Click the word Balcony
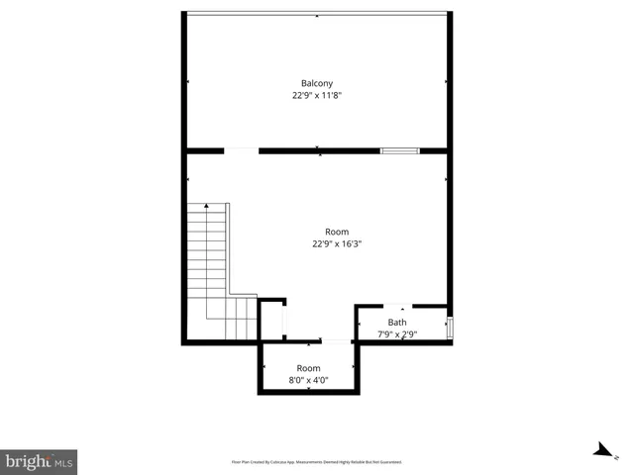(x=317, y=83)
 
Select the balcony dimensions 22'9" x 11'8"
(x=317, y=96)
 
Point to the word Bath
(x=396, y=323)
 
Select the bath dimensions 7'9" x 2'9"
(x=397, y=334)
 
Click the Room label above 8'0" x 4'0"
(x=308, y=368)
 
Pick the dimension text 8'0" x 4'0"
(x=308, y=380)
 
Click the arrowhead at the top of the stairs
(x=206, y=206)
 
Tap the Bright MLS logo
(x=39, y=461)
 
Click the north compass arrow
(x=601, y=451)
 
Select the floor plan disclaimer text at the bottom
(x=316, y=462)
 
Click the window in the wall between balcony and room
(x=399, y=150)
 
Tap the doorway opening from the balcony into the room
(x=241, y=150)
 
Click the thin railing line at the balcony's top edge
(x=317, y=13)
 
